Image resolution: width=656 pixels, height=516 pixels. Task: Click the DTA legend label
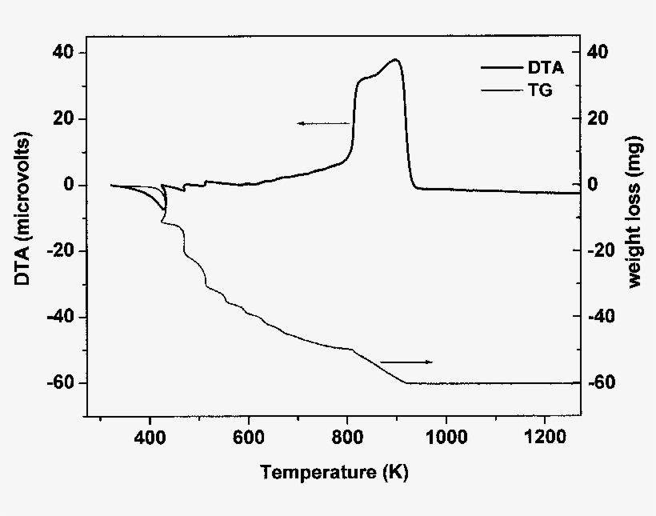click(546, 69)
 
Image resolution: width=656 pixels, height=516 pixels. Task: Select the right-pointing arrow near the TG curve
click(406, 362)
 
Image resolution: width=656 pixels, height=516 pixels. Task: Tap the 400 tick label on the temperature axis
click(150, 438)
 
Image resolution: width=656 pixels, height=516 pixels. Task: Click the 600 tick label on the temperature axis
click(249, 438)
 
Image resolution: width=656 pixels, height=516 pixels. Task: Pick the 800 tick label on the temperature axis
click(347, 438)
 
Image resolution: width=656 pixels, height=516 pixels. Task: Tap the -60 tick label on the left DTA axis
click(61, 383)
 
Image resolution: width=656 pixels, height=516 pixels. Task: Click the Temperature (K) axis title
click(334, 473)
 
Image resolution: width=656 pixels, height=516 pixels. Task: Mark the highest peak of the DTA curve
click(395, 60)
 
